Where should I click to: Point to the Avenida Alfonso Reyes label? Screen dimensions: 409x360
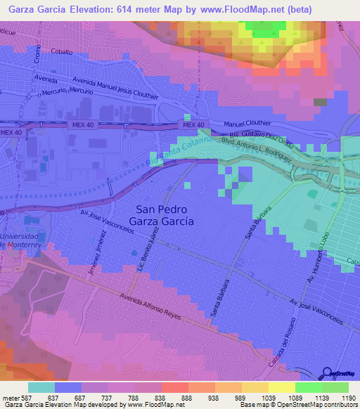click(151, 306)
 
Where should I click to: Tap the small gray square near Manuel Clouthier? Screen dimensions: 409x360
click(321, 102)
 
